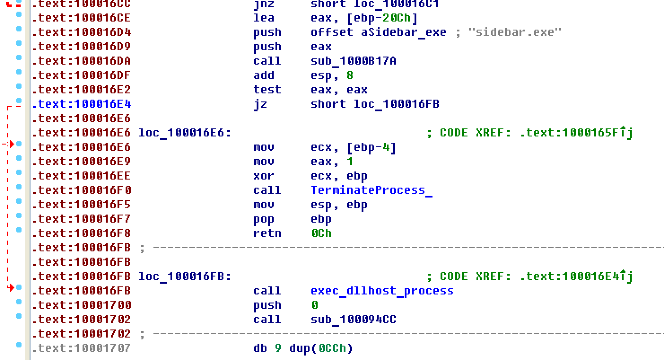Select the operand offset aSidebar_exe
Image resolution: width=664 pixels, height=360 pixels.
pos(378,32)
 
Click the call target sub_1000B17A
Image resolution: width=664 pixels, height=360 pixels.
pos(353,61)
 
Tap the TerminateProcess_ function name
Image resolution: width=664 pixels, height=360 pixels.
pos(371,190)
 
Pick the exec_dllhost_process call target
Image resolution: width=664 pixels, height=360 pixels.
pos(382,291)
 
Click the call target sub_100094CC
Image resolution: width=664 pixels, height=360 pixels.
pos(353,320)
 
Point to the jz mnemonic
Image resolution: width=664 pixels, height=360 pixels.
pos(260,104)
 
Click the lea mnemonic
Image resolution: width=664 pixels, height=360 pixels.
pos(263,18)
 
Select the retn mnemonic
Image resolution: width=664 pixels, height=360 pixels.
pos(267,233)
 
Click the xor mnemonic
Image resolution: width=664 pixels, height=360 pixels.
pos(263,176)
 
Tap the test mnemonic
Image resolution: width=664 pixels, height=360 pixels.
pos(267,90)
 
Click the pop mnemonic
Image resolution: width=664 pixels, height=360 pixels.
pos(263,219)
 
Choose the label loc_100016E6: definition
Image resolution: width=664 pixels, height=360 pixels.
pos(184,133)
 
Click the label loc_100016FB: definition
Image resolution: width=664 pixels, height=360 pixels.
pos(184,277)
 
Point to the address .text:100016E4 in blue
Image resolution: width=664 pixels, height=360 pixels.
pos(82,104)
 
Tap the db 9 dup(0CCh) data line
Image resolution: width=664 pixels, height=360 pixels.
pos(303,348)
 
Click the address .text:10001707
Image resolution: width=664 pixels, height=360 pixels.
pos(82,348)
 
